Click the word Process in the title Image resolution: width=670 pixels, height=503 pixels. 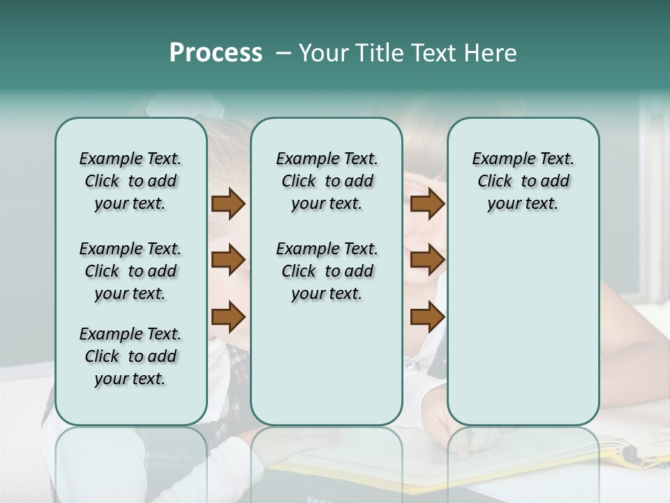click(216, 53)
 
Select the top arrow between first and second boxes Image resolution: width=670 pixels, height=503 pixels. click(228, 204)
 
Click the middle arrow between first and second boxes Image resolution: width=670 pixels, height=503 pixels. click(228, 260)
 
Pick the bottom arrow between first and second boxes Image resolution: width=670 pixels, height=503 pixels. click(228, 316)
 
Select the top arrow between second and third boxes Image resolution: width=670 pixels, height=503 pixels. click(427, 204)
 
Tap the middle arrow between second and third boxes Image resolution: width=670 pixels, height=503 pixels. click(427, 260)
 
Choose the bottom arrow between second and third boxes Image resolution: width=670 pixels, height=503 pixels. click(427, 316)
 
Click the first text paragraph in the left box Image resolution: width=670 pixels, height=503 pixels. click(131, 181)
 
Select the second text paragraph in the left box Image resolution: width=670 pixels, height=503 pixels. click(131, 271)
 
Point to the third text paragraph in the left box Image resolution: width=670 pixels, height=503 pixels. click(131, 356)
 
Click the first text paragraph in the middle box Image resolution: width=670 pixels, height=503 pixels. click(327, 181)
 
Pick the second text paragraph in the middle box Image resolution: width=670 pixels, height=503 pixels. click(327, 271)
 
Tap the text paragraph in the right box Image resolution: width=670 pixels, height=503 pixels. click(523, 181)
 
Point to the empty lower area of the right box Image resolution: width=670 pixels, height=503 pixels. click(523, 328)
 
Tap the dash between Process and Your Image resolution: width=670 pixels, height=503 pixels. click(284, 53)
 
